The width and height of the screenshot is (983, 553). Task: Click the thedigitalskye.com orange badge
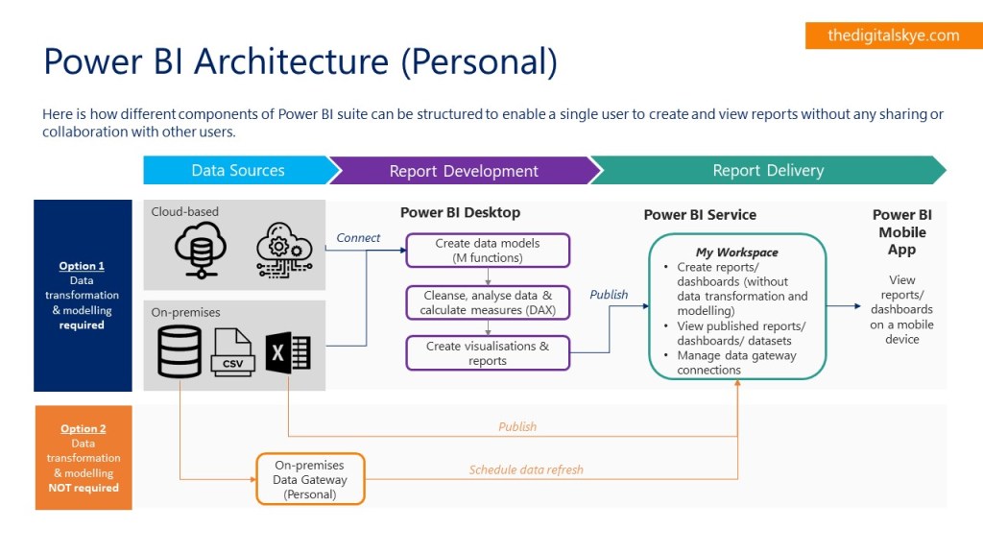pyautogui.click(x=893, y=36)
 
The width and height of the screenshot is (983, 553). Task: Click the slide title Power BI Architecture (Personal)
pyautogui.click(x=300, y=61)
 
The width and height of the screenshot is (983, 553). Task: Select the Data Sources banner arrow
pyautogui.click(x=238, y=171)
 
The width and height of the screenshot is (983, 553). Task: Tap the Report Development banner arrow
pyautogui.click(x=464, y=171)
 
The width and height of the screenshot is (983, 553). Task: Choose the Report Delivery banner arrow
pyautogui.click(x=768, y=171)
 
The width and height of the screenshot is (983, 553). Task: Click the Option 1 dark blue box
pyautogui.click(x=83, y=295)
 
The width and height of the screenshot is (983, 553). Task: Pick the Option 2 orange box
pyautogui.click(x=83, y=458)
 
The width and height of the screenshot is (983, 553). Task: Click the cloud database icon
pyautogui.click(x=201, y=248)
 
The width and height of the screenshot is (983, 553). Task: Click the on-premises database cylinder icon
pyautogui.click(x=180, y=351)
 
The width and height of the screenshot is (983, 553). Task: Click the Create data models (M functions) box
pyautogui.click(x=488, y=251)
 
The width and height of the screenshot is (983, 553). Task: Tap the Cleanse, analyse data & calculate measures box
pyautogui.click(x=488, y=302)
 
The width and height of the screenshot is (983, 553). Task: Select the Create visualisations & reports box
pyautogui.click(x=488, y=353)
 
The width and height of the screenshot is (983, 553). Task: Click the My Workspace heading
pyautogui.click(x=736, y=252)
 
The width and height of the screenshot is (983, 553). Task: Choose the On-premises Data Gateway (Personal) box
pyautogui.click(x=310, y=479)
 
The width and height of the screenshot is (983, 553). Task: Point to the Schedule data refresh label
pyautogui.click(x=526, y=470)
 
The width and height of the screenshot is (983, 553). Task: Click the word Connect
pyautogui.click(x=358, y=238)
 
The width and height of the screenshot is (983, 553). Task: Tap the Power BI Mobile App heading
pyautogui.click(x=901, y=232)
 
